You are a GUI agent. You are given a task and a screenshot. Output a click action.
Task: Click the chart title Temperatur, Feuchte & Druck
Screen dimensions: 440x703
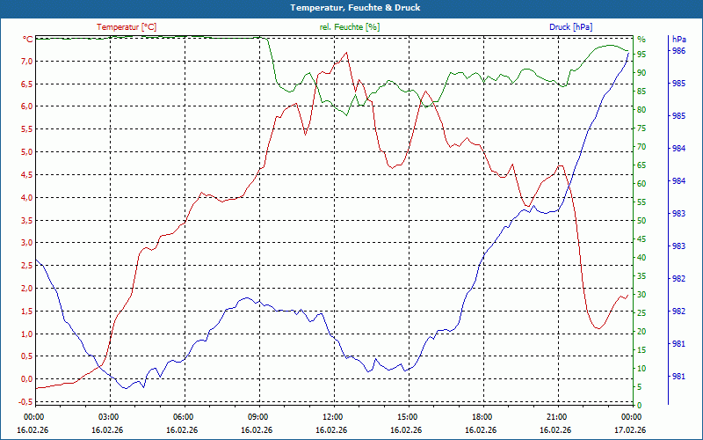351,8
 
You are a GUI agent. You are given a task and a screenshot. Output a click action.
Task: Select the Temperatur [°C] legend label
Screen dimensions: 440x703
127,27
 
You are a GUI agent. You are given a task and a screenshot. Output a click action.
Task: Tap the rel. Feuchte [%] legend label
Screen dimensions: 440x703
350,27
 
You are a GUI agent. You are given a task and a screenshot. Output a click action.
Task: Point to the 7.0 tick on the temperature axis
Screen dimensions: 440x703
26,62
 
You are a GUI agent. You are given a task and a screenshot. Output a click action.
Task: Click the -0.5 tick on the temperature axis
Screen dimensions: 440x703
25,402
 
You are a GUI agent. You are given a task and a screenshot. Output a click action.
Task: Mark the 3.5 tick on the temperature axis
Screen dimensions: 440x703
26,220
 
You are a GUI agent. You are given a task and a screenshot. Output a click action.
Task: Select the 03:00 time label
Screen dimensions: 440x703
108,416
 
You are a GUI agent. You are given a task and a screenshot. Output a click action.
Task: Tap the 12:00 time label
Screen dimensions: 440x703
332,416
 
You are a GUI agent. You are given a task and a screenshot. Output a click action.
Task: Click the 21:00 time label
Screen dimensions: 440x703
555,416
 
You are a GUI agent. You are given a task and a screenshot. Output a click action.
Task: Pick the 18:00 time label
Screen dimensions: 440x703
481,416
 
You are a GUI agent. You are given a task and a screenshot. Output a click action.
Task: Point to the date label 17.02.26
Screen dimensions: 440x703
630,430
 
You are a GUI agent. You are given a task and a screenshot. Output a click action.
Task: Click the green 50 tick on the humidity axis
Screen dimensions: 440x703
641,221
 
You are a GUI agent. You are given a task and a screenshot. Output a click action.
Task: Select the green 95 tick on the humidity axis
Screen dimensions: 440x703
641,55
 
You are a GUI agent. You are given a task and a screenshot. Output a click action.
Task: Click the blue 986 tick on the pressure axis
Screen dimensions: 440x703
678,51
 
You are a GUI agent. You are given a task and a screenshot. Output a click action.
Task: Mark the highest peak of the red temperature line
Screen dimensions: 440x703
347,52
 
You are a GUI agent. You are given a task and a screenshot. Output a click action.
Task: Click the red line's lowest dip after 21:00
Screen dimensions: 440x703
598,328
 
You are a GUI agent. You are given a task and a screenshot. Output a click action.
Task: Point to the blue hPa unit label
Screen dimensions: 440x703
679,40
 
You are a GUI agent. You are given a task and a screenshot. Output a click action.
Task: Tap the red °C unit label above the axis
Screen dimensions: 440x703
28,40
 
